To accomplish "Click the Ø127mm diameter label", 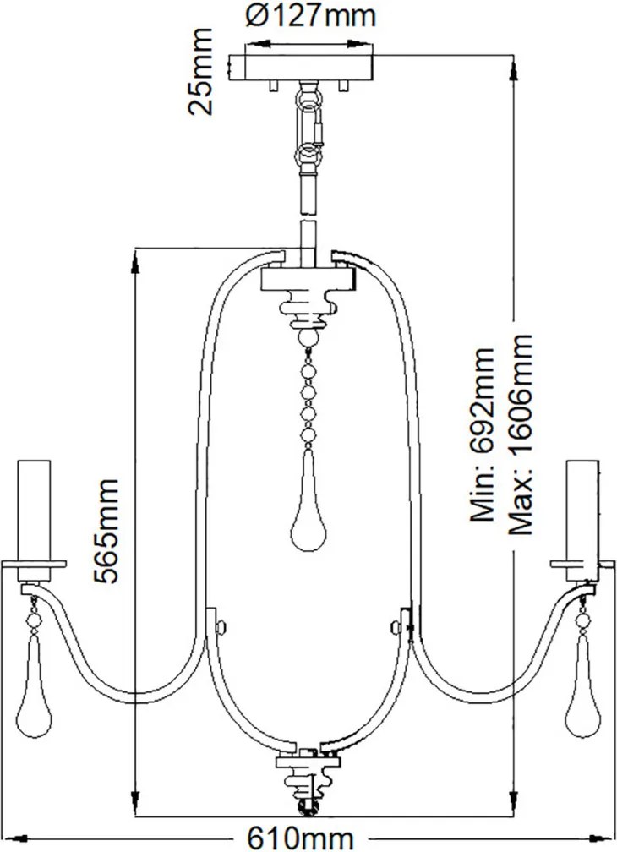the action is (x=310, y=16).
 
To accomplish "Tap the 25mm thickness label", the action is (x=199, y=71).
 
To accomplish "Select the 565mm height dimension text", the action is (x=106, y=531).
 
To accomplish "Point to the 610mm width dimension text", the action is (x=300, y=838).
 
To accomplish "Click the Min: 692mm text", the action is (x=483, y=434).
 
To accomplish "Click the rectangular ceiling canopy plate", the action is (x=302, y=68).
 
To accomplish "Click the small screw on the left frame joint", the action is (x=221, y=627).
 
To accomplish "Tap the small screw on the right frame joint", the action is (x=396, y=627).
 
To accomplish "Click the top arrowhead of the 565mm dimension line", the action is (x=135, y=261).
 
